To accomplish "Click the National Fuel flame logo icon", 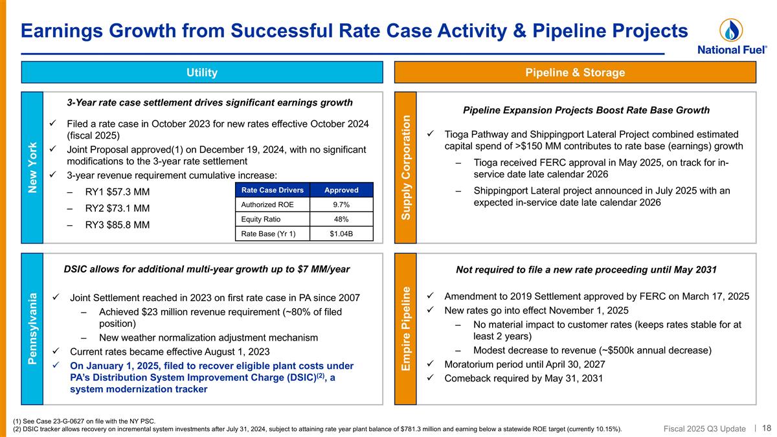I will (731, 30).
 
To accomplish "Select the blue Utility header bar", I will (202, 73).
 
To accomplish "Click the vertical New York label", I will (32, 168).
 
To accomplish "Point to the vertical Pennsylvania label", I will (32, 328).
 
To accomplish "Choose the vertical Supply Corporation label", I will (406, 167).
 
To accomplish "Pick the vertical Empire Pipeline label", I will (406, 328).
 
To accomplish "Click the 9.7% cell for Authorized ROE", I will (341, 205).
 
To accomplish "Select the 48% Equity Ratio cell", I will (341, 219).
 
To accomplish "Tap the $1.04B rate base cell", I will (341, 234).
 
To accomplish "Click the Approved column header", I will (341, 190).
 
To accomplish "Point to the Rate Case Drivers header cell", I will (272, 190).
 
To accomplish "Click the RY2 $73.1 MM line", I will (117, 208).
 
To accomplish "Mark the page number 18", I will (767, 427).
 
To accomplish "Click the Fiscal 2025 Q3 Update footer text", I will (704, 428).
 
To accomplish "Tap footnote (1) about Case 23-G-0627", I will (84, 421).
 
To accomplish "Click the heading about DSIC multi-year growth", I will (207, 269).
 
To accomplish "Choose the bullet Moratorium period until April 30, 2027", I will (524, 364).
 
